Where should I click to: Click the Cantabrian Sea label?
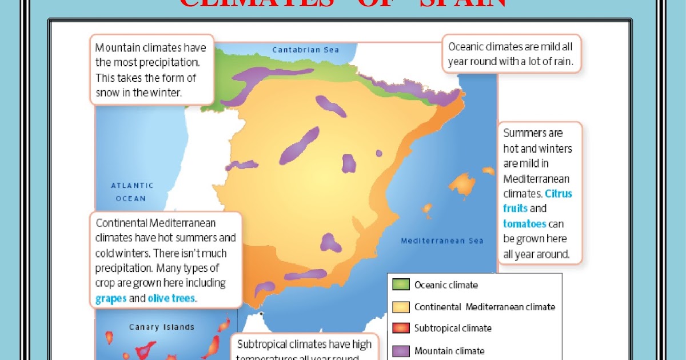(305, 50)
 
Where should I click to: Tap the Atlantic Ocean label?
(132, 192)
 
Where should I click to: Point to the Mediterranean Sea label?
(442, 241)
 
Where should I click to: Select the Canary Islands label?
(162, 327)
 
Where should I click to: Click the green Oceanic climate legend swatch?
(401, 285)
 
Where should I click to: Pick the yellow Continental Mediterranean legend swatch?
(401, 307)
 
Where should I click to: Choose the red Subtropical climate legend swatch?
(401, 329)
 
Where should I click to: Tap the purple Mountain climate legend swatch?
(401, 351)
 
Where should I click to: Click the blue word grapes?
(111, 298)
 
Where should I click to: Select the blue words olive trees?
(171, 298)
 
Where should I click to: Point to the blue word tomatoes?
(524, 223)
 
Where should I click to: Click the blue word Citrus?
(559, 193)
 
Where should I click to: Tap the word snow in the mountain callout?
(107, 92)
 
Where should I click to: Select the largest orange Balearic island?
(462, 183)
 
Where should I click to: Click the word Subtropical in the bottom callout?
(267, 344)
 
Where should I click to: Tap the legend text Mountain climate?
(449, 351)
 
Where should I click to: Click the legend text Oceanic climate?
(446, 285)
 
